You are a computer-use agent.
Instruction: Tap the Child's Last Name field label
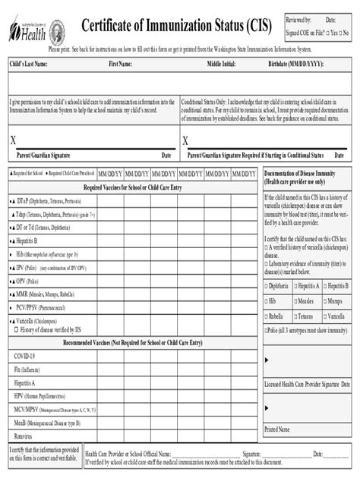29,65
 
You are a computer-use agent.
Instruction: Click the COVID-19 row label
25,356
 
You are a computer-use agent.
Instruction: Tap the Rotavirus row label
24,437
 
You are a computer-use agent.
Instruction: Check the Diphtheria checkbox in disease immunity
267,287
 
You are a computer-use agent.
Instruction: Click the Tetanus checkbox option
295,316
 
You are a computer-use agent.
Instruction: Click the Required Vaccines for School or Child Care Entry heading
132,187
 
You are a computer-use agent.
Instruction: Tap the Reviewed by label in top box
297,19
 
